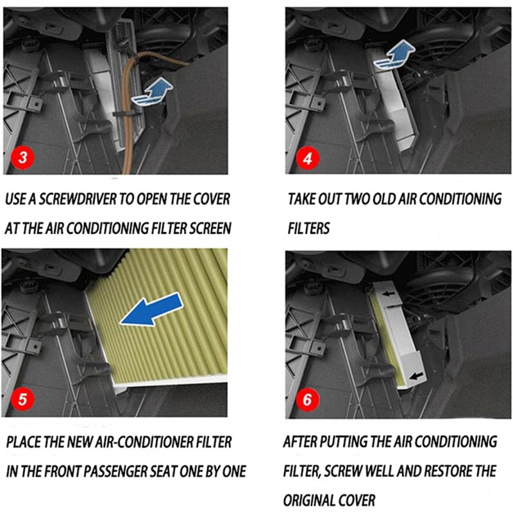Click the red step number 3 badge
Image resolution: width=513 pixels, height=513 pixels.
tap(22, 158)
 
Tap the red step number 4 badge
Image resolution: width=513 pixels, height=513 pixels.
tap(307, 158)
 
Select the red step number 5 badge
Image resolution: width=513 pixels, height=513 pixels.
tap(22, 399)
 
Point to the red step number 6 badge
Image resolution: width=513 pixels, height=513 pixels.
tap(307, 399)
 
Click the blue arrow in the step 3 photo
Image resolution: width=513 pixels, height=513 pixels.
tap(152, 92)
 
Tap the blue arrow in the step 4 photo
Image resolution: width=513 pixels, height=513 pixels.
tap(394, 55)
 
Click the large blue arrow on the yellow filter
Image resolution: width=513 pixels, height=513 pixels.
tap(151, 309)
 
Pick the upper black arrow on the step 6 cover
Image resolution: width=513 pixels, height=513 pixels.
tap(389, 294)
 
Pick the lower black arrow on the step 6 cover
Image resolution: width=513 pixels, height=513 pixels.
tap(416, 376)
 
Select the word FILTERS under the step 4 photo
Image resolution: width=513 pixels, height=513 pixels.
tap(308, 228)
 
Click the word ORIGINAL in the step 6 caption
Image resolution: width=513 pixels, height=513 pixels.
tap(309, 500)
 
